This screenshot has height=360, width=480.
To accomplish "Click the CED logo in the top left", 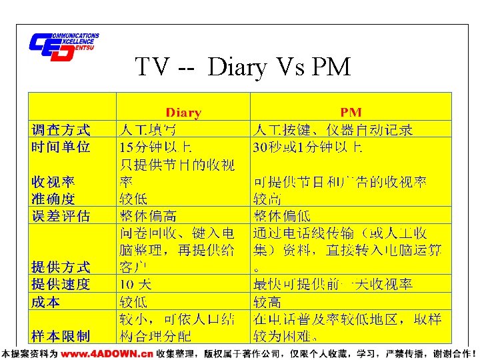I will point(63,46).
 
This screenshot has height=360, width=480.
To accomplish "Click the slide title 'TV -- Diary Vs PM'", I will point(243,67).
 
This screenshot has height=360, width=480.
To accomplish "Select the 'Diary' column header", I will point(183,113).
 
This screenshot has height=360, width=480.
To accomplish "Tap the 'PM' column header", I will point(351,113).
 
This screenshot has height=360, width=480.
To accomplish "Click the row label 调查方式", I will point(61,129).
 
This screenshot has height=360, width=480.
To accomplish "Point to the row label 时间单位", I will point(61,147).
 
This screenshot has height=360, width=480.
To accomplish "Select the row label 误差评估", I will point(61,216).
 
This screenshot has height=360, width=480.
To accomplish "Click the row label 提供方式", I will point(61,267).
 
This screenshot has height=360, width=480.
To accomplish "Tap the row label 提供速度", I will point(61,285).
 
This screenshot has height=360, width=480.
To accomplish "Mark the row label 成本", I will point(45,302).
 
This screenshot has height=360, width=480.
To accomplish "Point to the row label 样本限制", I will point(61,335).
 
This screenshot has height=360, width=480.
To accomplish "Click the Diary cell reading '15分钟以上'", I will point(156,147).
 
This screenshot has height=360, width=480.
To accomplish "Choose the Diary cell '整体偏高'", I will point(148,216).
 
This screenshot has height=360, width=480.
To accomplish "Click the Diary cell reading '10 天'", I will point(135,285).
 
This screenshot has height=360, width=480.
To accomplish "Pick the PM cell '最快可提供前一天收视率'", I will point(333,285).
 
